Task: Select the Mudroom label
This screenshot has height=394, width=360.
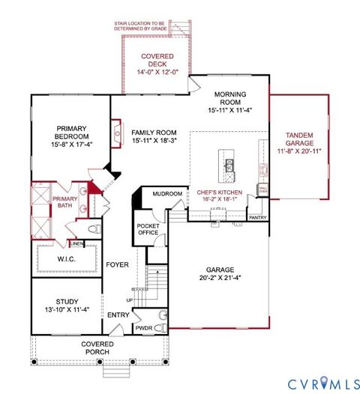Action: point(167,194)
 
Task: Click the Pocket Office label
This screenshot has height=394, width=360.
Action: point(147,228)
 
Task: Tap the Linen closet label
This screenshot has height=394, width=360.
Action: point(76,243)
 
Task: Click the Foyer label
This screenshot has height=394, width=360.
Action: point(116,264)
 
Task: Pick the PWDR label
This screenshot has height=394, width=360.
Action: point(143,329)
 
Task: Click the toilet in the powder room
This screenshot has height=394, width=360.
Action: point(164,315)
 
